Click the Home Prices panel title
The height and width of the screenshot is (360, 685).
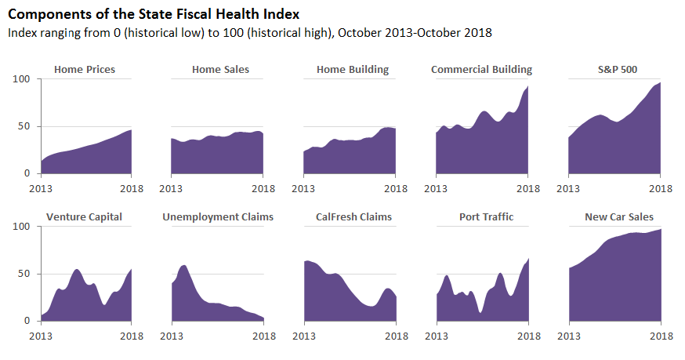point(85,70)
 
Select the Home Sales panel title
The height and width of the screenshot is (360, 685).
point(220,70)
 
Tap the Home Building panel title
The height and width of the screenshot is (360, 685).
point(353,70)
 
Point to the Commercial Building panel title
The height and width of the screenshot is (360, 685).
point(481,70)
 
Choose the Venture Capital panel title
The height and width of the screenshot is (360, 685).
point(85,216)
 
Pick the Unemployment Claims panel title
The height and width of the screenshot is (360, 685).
point(218,216)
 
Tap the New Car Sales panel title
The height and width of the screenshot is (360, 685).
point(619,216)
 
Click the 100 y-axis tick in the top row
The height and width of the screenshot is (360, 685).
point(21,79)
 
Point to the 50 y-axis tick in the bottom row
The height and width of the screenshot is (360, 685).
point(24,274)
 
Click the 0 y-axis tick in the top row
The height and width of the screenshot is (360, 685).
point(27,173)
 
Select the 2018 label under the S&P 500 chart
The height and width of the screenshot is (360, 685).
point(661,189)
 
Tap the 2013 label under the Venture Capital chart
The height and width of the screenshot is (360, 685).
point(42,336)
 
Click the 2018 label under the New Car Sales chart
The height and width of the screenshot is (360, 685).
point(661,336)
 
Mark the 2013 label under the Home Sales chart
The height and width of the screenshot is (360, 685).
point(171,189)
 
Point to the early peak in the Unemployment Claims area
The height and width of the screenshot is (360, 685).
point(183,266)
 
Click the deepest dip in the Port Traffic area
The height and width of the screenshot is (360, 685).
point(480,312)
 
